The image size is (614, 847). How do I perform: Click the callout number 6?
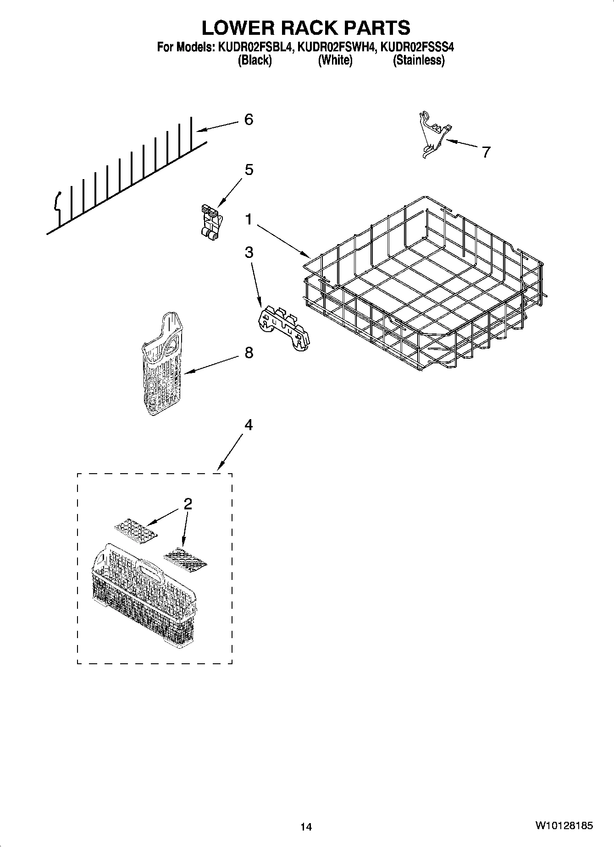pyautogui.click(x=248, y=120)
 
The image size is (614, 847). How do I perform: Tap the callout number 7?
pyautogui.click(x=486, y=152)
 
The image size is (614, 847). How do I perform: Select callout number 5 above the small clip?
pyautogui.click(x=248, y=170)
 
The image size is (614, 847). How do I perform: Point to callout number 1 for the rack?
pyautogui.click(x=248, y=220)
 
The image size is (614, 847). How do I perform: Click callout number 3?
pyautogui.click(x=248, y=252)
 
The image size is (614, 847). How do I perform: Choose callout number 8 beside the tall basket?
pyautogui.click(x=248, y=353)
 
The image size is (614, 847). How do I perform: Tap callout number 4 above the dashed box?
pyautogui.click(x=248, y=425)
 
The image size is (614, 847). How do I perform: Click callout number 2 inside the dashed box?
pyautogui.click(x=188, y=504)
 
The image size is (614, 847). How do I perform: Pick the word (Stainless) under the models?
pyautogui.click(x=418, y=60)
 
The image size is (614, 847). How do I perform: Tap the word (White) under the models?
pyautogui.click(x=335, y=60)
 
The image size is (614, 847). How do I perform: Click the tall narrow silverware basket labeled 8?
pyautogui.click(x=162, y=364)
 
